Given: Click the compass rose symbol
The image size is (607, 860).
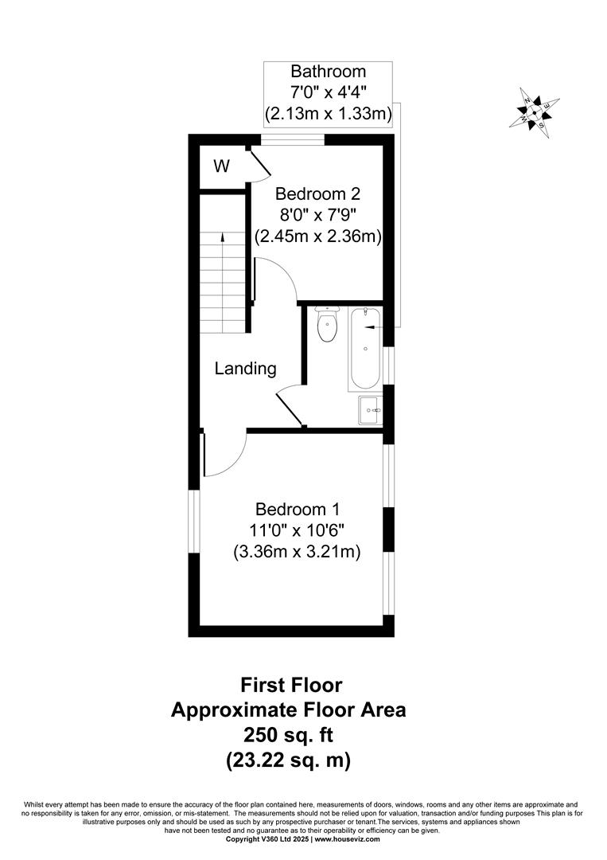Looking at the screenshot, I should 535,112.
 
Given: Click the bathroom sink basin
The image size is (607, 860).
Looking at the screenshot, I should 370,411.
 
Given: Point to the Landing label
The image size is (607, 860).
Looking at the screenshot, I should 246,369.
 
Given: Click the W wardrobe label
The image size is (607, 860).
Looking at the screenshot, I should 222,166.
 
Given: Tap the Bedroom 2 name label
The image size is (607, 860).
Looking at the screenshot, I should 318,193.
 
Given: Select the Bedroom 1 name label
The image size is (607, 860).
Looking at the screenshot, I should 297,510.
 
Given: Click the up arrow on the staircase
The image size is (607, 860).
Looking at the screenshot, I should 223,236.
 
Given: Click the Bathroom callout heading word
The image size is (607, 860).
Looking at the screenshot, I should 328,72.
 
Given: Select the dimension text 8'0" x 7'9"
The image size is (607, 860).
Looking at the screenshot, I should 318,215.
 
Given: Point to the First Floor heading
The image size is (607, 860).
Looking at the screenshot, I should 291,685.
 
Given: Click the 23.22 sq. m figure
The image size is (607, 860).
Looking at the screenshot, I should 288,760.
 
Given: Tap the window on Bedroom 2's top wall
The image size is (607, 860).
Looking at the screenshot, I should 294,140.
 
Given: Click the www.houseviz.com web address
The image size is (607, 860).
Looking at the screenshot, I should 347,839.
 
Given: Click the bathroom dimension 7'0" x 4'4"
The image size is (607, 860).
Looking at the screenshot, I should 328,92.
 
